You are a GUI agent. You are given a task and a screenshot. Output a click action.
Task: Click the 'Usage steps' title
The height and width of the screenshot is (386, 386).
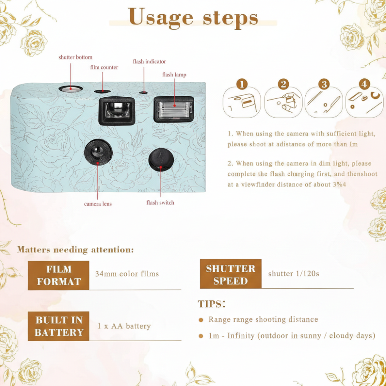tap(193, 18)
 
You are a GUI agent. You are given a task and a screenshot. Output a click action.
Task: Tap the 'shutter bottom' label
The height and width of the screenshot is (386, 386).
tap(75, 58)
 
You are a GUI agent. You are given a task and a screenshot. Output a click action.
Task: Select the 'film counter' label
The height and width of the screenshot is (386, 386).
tap(104, 68)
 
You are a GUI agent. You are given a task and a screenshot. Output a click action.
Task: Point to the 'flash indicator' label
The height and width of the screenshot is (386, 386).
tap(149, 61)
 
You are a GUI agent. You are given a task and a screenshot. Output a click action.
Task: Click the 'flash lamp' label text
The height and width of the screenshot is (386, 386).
tap(174, 74)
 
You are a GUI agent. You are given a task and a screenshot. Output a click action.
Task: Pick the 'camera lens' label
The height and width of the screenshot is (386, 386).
tap(98, 204)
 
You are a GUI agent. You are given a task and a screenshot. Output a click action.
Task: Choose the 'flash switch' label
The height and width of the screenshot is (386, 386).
tap(160, 203)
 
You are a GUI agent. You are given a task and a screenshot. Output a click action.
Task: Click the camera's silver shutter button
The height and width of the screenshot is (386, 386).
tap(71, 89)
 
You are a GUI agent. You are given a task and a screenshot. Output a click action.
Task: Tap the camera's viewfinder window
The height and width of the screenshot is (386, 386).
tap(117, 111)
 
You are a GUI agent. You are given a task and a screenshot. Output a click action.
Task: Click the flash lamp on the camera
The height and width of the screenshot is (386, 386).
tap(174, 109)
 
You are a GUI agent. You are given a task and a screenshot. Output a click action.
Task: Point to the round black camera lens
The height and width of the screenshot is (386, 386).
tap(98, 152)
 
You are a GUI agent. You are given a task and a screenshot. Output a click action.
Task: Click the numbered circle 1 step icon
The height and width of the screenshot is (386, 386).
tap(242, 84)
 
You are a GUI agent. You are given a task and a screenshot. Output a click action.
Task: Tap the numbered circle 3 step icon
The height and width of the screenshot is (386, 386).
tap(324, 84)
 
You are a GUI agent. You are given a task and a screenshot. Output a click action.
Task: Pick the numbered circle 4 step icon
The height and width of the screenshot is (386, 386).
tap(364, 84)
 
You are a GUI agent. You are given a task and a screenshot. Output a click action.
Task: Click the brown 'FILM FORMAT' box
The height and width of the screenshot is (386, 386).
tap(58, 276)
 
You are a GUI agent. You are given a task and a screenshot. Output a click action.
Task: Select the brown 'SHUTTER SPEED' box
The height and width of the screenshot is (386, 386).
tap(231, 274)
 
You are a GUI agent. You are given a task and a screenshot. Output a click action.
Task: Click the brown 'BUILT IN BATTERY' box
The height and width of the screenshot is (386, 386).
tap(58, 326)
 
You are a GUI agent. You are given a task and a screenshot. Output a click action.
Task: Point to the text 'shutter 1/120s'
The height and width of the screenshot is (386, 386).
tap(293, 274)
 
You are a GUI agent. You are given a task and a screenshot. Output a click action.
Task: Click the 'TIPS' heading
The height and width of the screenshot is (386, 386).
tap(212, 304)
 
